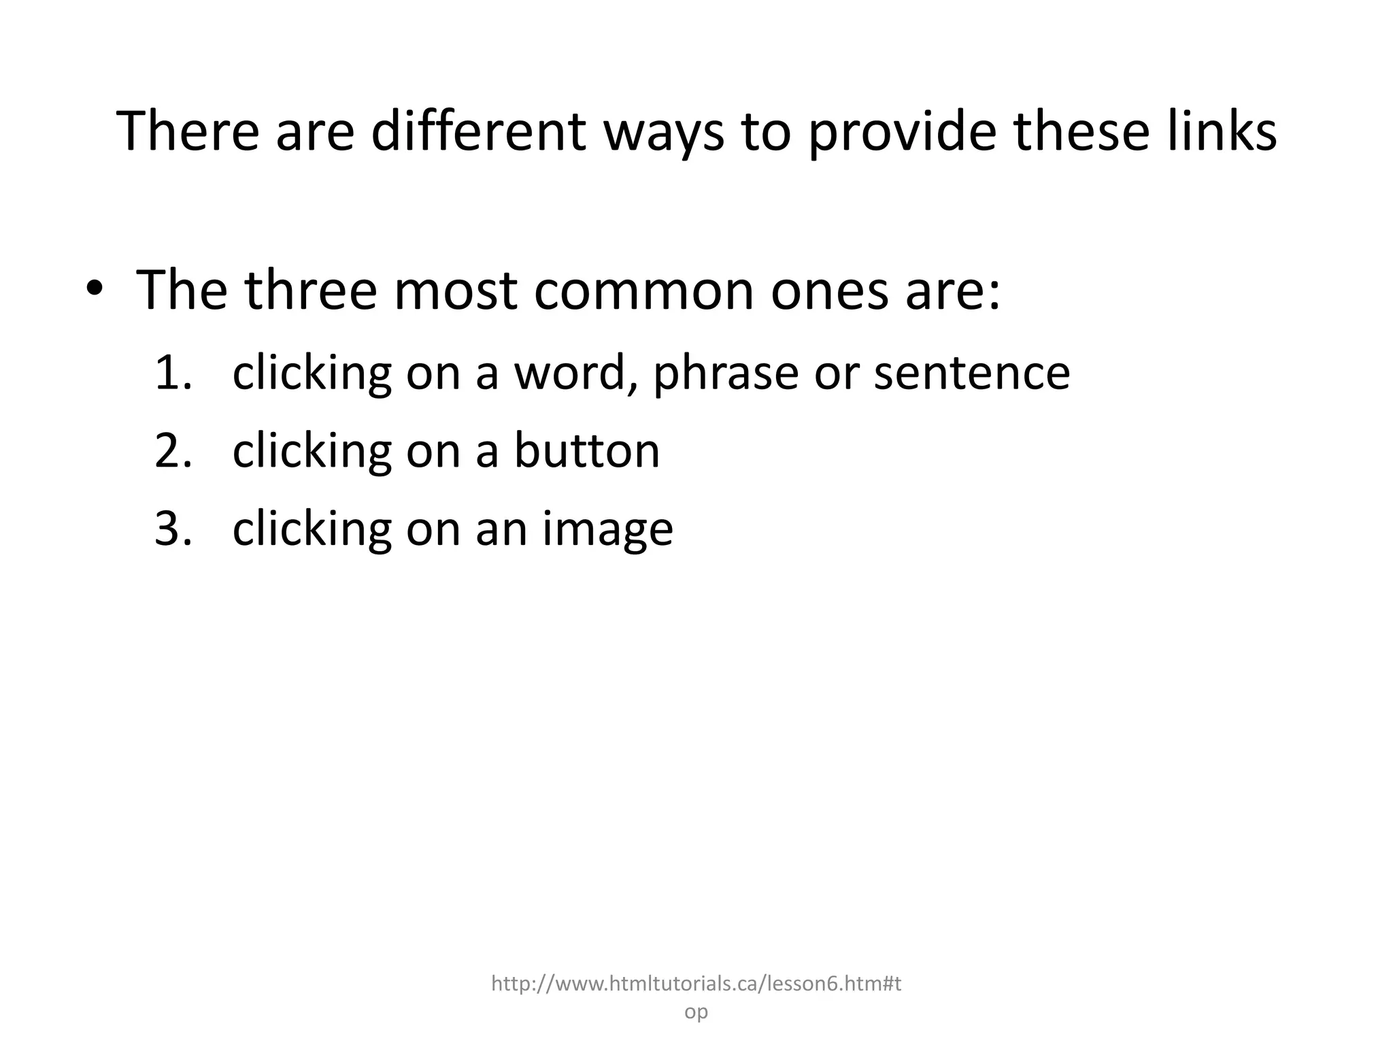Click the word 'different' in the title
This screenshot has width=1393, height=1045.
tap(477, 131)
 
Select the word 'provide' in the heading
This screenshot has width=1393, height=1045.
tap(902, 132)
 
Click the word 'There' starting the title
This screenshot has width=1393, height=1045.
tap(188, 131)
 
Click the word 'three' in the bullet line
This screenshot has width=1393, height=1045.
tap(311, 290)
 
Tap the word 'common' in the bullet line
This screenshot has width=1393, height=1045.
tap(643, 290)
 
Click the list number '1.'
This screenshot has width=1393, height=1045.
tap(173, 373)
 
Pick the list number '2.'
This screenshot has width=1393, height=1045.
tap(173, 450)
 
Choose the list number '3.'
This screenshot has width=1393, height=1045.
tap(173, 529)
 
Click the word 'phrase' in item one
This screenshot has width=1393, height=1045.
tap(725, 374)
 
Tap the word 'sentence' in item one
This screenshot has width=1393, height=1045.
tap(971, 373)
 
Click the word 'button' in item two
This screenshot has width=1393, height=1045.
tap(586, 450)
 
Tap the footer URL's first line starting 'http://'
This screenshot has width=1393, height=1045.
tap(696, 983)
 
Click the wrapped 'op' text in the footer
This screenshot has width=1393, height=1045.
tap(696, 1012)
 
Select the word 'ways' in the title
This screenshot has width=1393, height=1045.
tap(664, 132)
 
